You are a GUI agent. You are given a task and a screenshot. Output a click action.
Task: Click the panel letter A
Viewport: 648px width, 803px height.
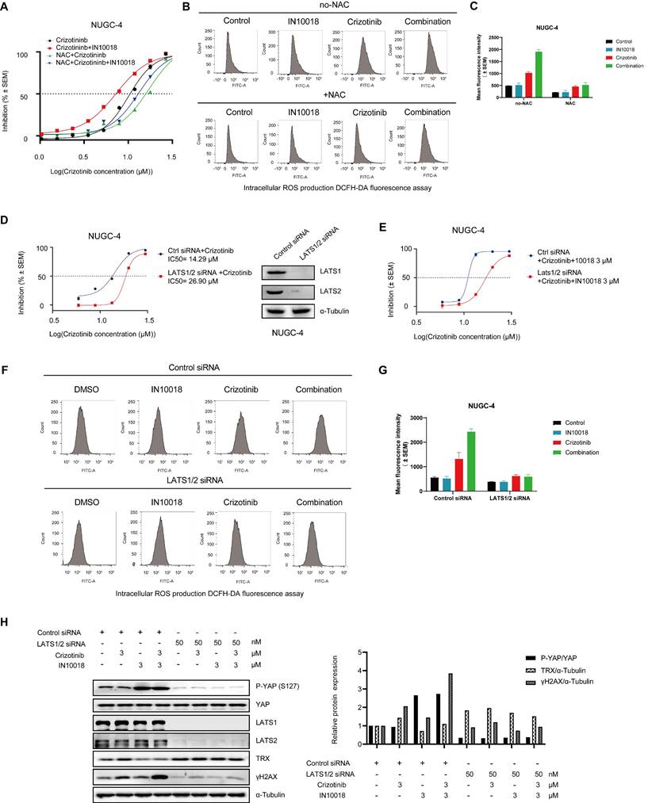click(x=8, y=8)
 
